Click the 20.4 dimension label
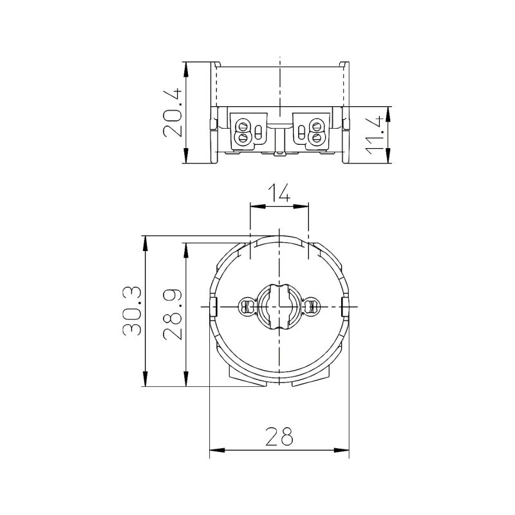click(x=172, y=112)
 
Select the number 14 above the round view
click(x=279, y=192)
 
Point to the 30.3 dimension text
click(x=132, y=311)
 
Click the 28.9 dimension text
click(x=172, y=314)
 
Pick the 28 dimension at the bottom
click(x=279, y=436)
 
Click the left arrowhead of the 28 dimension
click(x=217, y=450)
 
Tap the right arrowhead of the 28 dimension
click(x=342, y=450)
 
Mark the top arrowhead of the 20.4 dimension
click(x=186, y=70)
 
